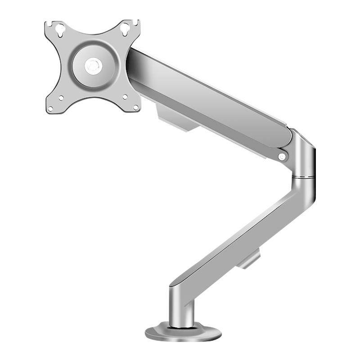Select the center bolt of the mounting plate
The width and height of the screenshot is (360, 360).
click(93, 66)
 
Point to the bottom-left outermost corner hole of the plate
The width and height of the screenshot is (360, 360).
click(50, 108)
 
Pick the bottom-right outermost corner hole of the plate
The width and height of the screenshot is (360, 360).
click(136, 107)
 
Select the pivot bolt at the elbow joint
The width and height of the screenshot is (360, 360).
click(282, 156)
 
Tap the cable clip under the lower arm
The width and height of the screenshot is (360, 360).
click(249, 260)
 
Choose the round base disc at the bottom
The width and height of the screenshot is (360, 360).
click(183, 333)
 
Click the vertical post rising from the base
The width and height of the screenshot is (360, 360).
click(182, 306)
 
